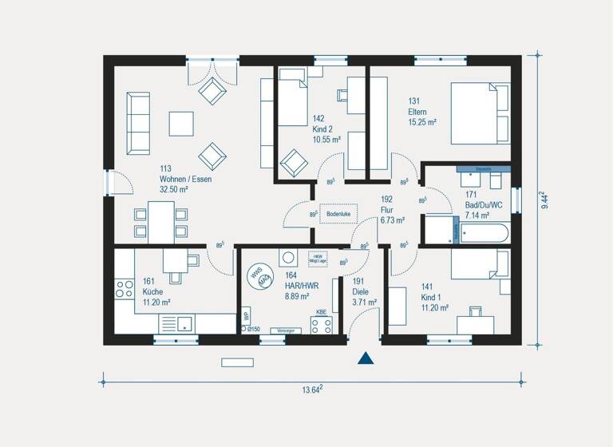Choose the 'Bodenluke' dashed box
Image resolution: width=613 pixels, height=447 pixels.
(338, 215)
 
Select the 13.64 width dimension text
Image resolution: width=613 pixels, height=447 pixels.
(311, 390)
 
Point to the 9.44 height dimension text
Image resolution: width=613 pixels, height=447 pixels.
(544, 200)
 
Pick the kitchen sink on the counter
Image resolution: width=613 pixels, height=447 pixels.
(184, 323)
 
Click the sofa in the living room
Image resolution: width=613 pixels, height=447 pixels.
(139, 123)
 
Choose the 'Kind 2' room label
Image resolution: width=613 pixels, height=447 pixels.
(323, 129)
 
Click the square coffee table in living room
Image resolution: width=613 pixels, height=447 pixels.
(181, 124)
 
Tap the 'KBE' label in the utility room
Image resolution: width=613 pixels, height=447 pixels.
(321, 312)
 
